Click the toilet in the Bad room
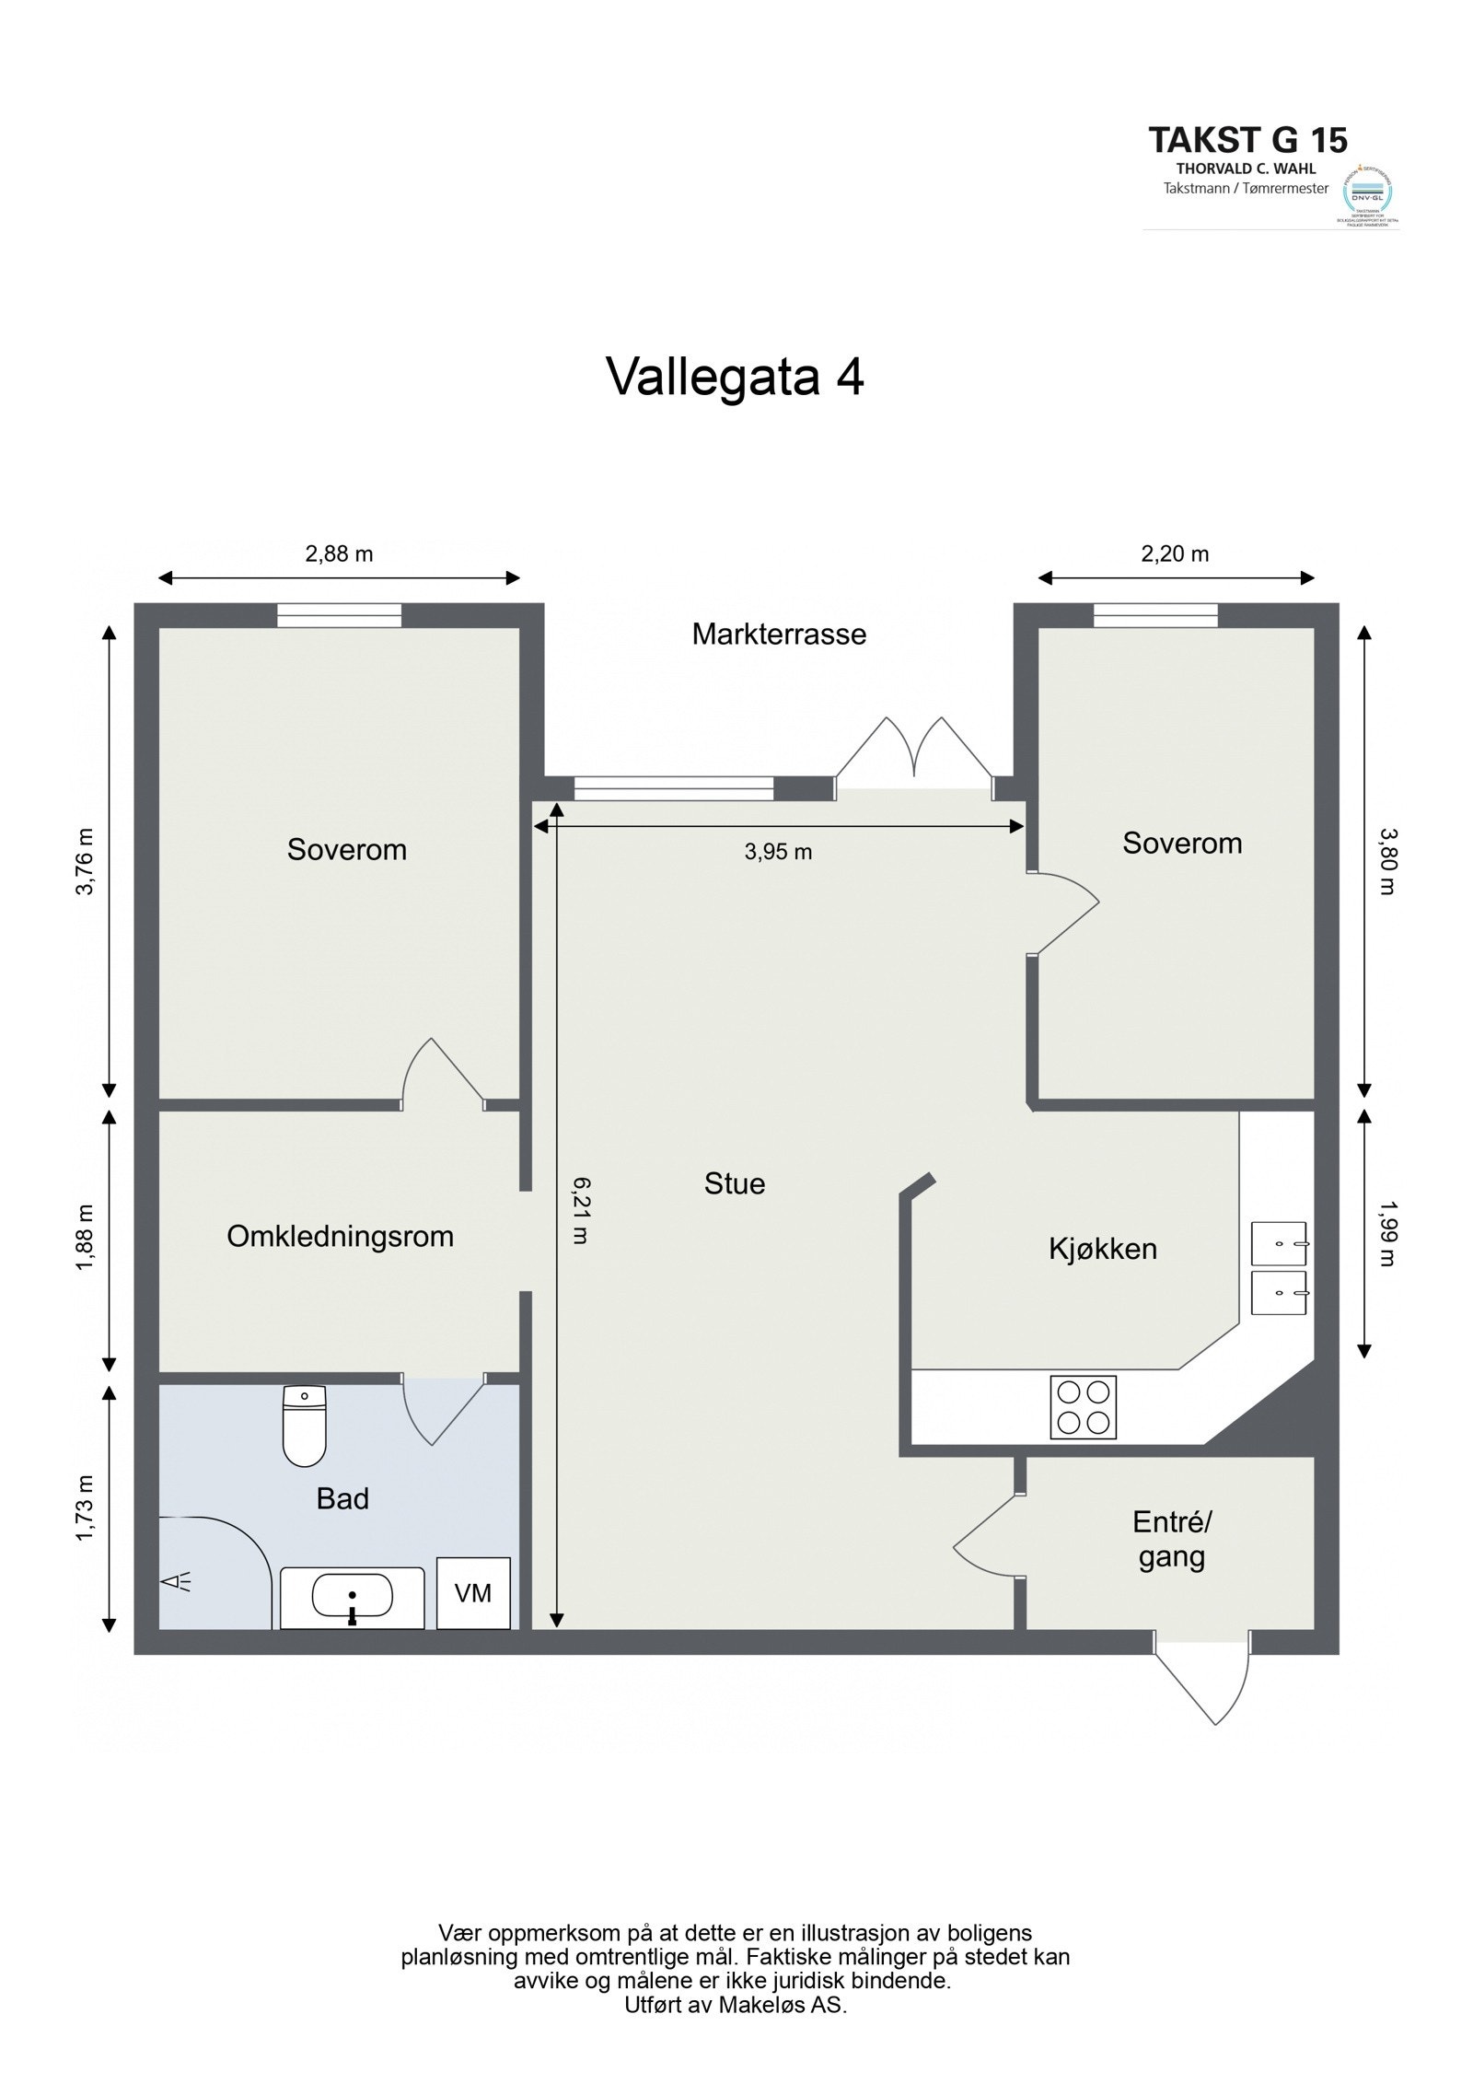[x=304, y=1425]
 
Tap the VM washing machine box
[x=473, y=1592]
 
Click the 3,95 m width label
[x=778, y=852]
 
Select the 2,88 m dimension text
[x=339, y=553]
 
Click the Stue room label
[x=734, y=1183]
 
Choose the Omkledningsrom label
[x=340, y=1236]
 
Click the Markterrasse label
[x=779, y=635]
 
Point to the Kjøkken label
[x=1102, y=1249]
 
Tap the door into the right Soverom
[x=1063, y=912]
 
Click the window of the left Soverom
[x=339, y=614]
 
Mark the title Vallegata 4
[x=735, y=376]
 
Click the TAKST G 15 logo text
[x=1247, y=140]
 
